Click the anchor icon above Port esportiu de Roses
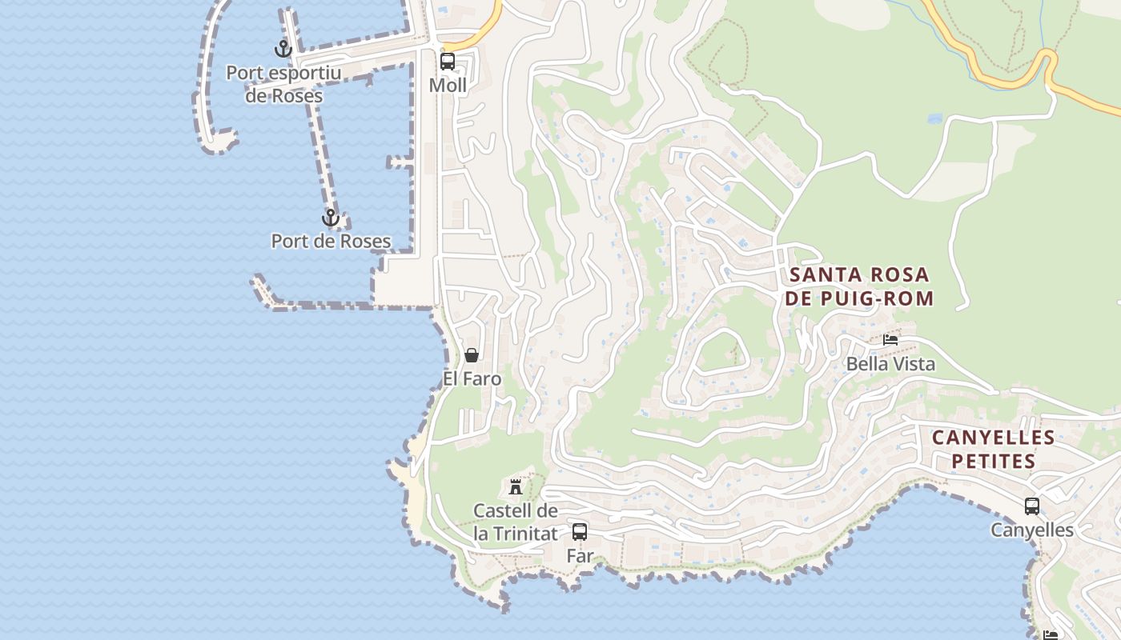(283, 50)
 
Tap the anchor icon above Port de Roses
(330, 218)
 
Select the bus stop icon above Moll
(448, 62)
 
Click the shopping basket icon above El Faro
(472, 355)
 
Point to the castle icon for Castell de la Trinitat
(516, 486)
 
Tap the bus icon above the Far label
(580, 531)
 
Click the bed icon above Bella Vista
(890, 340)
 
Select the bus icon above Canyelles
(1032, 506)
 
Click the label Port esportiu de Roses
(283, 84)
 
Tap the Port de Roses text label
(331, 241)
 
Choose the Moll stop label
(448, 85)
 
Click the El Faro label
(472, 378)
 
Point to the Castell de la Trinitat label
(516, 522)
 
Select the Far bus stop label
(580, 555)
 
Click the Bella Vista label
(890, 364)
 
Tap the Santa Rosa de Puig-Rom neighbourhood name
(860, 286)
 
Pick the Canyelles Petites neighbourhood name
(993, 449)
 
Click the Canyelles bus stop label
(1032, 530)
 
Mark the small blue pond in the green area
(934, 118)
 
